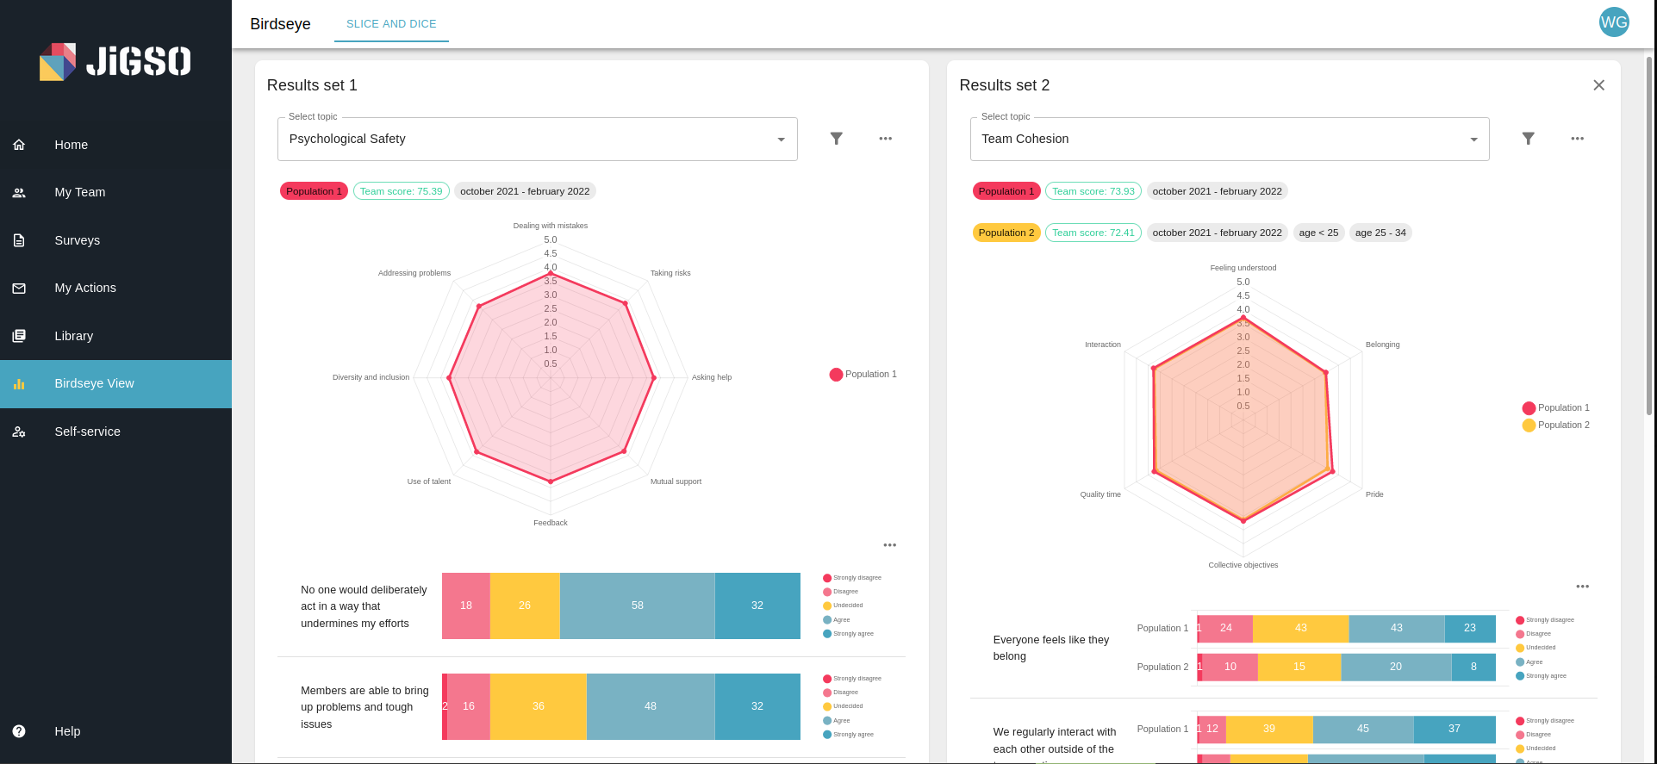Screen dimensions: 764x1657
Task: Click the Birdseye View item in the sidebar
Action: pyautogui.click(x=94, y=384)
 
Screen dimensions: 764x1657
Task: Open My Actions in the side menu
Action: pyautogui.click(x=84, y=289)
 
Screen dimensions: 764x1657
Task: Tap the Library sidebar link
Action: pyautogui.click(x=73, y=336)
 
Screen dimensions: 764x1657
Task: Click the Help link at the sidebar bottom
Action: pyautogui.click(x=67, y=731)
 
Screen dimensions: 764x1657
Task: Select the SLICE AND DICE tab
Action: pyautogui.click(x=391, y=24)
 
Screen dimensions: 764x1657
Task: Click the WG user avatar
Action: pyautogui.click(x=1613, y=22)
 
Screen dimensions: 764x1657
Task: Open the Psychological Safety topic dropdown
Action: pyautogui.click(x=537, y=140)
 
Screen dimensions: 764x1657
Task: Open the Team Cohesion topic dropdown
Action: pyautogui.click(x=1229, y=140)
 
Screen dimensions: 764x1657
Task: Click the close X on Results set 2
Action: pyautogui.click(x=1598, y=85)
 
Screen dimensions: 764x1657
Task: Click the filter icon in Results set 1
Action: pyautogui.click(x=836, y=139)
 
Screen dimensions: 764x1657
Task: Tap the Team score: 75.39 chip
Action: pyautogui.click(x=401, y=191)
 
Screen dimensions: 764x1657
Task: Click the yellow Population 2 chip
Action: pyautogui.click(x=1006, y=233)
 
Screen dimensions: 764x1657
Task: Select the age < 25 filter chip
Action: pyautogui.click(x=1318, y=233)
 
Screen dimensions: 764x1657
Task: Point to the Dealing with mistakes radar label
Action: pyautogui.click(x=550, y=226)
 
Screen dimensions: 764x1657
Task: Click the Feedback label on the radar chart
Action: pyautogui.click(x=550, y=523)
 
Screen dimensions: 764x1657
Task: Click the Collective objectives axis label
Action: pyautogui.click(x=1243, y=565)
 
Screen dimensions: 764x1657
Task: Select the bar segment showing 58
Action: pyautogui.click(x=637, y=606)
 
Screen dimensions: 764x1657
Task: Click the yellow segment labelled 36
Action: pyautogui.click(x=538, y=706)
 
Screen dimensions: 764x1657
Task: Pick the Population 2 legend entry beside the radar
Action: pyautogui.click(x=1555, y=425)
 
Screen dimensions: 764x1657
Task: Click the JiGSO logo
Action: pyautogui.click(x=115, y=61)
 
